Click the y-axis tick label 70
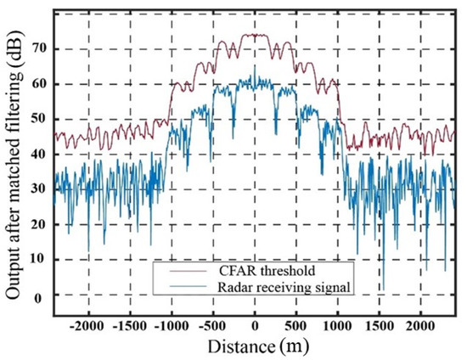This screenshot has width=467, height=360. tap(37, 48)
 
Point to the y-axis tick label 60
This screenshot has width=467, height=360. tap(37, 84)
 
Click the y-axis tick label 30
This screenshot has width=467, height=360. tap(37, 189)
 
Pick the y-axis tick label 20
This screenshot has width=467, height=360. tap(37, 224)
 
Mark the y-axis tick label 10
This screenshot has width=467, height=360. tap(37, 260)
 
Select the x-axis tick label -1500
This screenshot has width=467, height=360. tap(128, 326)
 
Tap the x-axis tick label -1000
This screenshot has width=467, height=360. tap(170, 326)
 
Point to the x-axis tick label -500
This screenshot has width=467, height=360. tap(213, 326)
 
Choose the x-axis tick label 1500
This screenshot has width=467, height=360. tap(380, 326)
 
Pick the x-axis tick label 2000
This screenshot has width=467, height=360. tap(421, 326)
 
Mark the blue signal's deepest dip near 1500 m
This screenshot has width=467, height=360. tap(383, 289)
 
